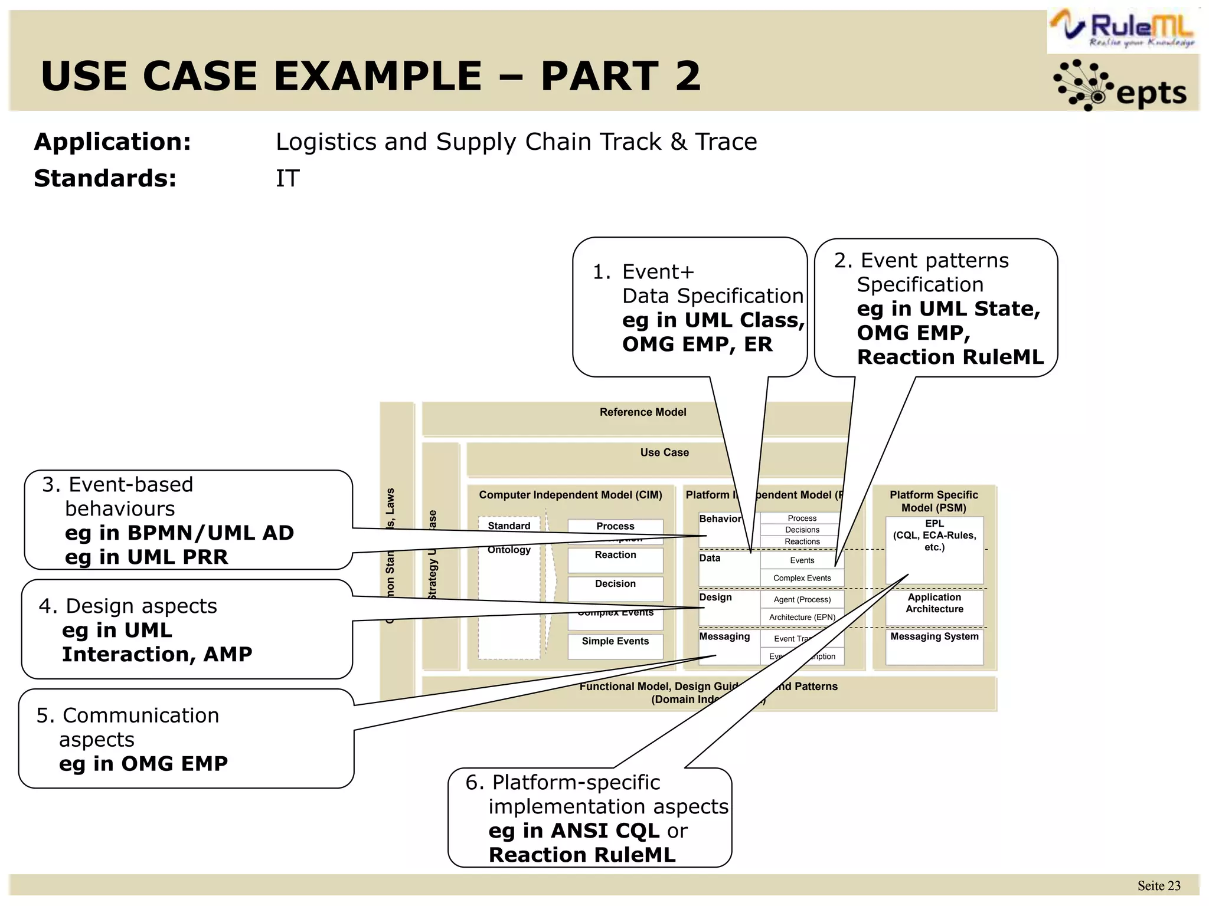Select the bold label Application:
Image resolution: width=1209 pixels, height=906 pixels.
(112, 142)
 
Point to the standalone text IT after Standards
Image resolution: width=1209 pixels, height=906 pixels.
(287, 179)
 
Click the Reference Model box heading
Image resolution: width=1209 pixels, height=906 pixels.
(642, 412)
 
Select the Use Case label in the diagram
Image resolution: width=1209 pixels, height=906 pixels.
(664, 452)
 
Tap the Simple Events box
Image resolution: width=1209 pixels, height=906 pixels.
(615, 642)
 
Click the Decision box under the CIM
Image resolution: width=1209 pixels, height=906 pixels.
(615, 584)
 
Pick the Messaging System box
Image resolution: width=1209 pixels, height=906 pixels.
(934, 637)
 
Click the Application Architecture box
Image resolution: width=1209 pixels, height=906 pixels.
(934, 603)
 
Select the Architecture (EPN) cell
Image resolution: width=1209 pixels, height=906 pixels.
(802, 618)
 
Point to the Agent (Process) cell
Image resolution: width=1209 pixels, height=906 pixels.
(802, 600)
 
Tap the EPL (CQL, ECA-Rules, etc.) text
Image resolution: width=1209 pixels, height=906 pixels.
(934, 536)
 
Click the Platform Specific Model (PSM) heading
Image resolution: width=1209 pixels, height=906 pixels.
(933, 501)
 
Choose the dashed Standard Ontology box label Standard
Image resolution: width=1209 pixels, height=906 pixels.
(509, 526)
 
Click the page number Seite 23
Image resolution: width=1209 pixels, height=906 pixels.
(1158, 886)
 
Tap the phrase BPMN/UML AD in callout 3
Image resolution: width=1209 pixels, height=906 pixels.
(211, 533)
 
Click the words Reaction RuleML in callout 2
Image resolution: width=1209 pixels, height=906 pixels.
(950, 357)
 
